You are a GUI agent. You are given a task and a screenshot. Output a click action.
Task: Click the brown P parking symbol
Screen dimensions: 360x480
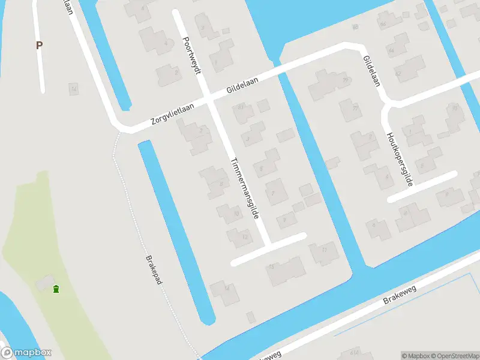point(40,45)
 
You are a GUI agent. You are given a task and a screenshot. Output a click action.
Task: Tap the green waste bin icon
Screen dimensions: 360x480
point(56,289)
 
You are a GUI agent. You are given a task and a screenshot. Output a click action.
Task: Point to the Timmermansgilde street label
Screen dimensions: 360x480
point(247,188)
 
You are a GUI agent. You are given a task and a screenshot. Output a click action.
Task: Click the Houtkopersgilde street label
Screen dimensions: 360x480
point(400,158)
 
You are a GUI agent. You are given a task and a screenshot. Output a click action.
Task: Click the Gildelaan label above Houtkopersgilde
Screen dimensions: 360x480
point(371,71)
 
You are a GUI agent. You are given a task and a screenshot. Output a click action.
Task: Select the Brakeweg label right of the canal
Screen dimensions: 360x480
point(400,295)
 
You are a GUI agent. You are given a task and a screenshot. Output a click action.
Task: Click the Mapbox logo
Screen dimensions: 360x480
point(26,353)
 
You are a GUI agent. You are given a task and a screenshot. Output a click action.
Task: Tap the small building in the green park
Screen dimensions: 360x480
point(43,282)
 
